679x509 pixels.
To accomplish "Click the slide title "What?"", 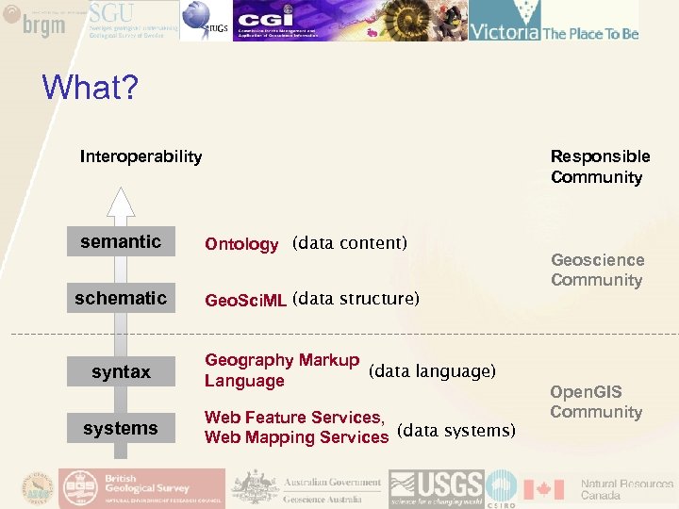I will coord(91,90).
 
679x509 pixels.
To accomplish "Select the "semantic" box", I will coord(121,242).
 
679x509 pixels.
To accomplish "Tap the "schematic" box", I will coord(121,299).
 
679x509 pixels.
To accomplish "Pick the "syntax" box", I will coord(121,372).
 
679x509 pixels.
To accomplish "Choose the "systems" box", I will coord(121,429).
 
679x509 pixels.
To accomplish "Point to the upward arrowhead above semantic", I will coord(121,202).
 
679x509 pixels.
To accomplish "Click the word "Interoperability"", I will coord(141,156).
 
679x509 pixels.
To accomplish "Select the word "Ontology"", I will coord(241,245).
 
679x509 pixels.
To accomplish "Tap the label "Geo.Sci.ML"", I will coord(246,301).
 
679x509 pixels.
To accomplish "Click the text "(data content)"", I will coord(350,243).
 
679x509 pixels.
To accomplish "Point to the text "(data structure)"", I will coord(356,300).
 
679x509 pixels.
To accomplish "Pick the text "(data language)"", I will coord(432,371).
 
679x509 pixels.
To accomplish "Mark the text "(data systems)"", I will coord(457,431).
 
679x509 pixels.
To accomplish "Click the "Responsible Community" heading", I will coord(600,167).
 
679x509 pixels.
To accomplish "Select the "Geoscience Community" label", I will coord(597,270).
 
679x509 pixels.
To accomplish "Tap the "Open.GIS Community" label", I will coord(596,402).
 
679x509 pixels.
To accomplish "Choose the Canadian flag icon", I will coord(543,489).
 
